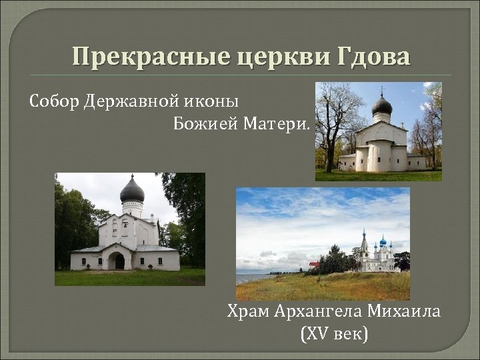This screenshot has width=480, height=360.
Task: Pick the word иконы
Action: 213,101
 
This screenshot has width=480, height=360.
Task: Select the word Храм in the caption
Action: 247,311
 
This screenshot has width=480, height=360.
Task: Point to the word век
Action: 352,333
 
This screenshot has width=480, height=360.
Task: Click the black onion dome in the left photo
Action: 131,192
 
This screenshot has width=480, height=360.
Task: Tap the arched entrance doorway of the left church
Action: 117,260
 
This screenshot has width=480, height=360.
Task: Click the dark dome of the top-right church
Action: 381,105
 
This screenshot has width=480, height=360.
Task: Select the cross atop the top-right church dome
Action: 382,90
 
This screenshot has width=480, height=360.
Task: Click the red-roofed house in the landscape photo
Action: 314,265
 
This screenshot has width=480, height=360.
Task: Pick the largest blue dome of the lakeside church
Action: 383,241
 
